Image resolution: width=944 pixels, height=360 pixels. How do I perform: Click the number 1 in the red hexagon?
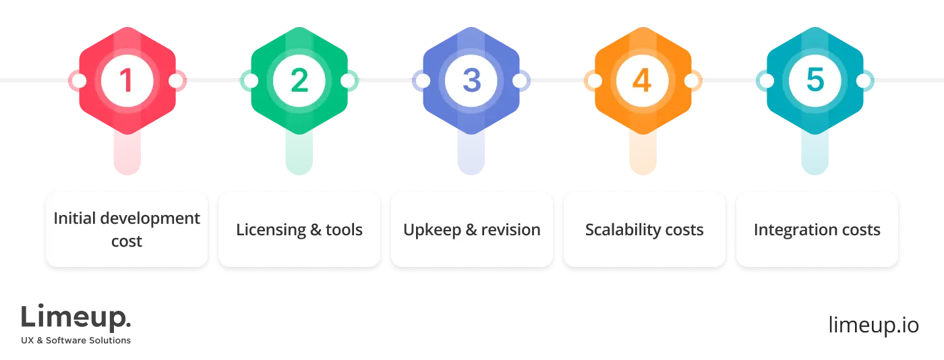pos(126,81)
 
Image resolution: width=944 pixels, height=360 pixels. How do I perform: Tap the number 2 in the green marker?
pos(299,81)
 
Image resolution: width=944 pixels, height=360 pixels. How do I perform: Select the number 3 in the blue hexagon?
pos(471,81)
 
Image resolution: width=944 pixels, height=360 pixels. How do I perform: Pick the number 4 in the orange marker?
pos(642,81)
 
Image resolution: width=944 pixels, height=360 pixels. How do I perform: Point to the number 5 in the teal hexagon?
pos(815,81)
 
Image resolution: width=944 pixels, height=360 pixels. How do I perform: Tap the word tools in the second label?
pos(345,230)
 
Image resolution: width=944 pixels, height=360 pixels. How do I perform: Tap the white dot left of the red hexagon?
pos(79,82)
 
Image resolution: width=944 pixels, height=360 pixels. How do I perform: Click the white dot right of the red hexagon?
pos(175,82)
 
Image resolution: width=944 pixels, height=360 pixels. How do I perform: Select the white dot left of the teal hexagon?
pos(766,82)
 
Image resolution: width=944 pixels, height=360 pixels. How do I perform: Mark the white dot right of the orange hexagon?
pos(691,82)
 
